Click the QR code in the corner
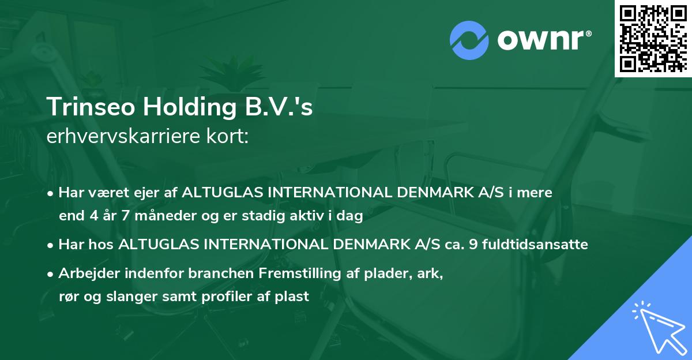(x=653, y=38)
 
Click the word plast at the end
(x=295, y=297)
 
